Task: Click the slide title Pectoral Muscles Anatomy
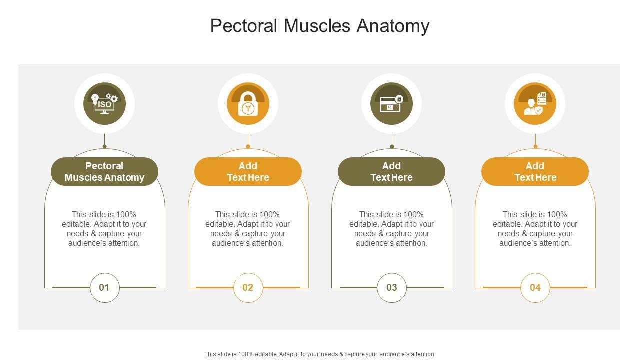(320, 26)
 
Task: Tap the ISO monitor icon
(104, 104)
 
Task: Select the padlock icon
(248, 104)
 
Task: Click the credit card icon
(391, 104)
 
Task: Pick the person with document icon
(535, 104)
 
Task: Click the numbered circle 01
(104, 287)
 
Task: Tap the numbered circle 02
(248, 287)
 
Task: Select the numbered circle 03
(391, 287)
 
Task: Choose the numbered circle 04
(535, 287)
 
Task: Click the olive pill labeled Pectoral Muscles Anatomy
(104, 171)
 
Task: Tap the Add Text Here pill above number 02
(248, 171)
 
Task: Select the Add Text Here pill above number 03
(391, 171)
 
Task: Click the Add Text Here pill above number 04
(535, 171)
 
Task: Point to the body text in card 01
(104, 229)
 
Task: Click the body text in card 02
(248, 229)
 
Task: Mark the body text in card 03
(391, 229)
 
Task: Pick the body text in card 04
(535, 229)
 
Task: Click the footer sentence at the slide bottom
(320, 354)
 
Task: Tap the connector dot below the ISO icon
(104, 146)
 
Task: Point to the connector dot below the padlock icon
(248, 146)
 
